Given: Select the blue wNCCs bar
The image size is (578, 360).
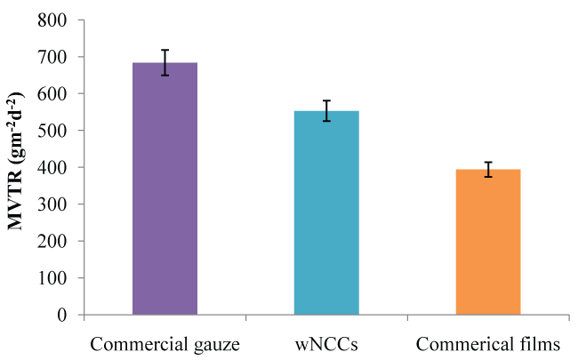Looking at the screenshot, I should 326,212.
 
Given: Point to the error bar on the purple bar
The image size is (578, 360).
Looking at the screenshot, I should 165,63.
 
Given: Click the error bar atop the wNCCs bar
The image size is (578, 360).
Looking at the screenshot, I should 326,111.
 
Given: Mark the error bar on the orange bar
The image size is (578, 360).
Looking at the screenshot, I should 488,169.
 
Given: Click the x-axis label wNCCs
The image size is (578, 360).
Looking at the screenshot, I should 326,343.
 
